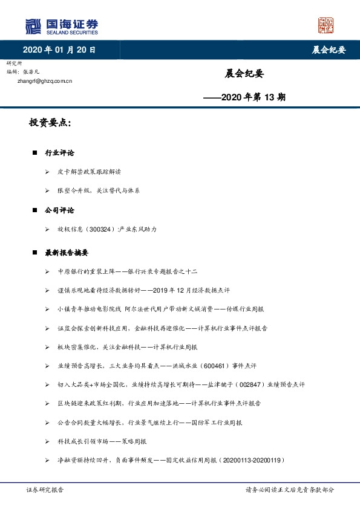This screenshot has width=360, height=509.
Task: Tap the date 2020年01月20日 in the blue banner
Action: point(59,50)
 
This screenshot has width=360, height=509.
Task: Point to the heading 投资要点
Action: point(50,123)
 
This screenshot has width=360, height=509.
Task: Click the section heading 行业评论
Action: point(59,153)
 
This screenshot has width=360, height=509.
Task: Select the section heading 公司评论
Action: point(59,210)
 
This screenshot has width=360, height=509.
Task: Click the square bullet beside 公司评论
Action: point(35,211)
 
